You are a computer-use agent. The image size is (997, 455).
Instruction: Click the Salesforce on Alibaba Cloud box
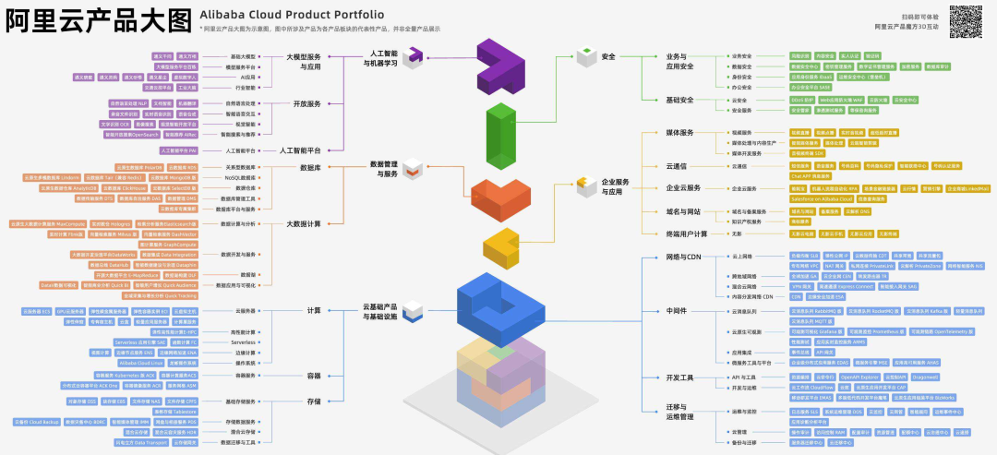822,198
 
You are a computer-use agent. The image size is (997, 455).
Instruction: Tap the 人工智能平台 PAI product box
178,150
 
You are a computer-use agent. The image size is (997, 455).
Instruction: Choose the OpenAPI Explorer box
859,377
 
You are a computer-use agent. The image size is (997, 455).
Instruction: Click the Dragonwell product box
925,377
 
